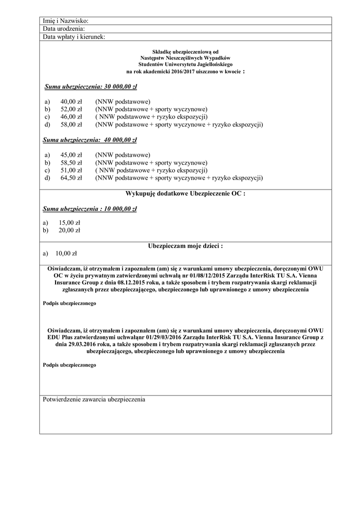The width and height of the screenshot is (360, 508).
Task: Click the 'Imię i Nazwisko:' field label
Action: point(66,21)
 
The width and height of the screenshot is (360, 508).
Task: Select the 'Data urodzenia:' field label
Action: point(64,29)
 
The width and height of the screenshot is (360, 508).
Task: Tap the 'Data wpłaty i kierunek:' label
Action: point(74,37)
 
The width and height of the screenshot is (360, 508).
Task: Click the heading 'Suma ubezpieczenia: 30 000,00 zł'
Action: point(90,87)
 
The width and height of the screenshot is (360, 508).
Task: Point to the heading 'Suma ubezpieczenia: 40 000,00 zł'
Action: point(90,140)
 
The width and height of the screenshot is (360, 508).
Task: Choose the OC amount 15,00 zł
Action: point(70,223)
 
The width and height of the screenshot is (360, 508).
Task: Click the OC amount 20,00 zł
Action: point(70,230)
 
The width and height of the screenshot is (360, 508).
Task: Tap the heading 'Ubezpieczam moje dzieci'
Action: point(185,246)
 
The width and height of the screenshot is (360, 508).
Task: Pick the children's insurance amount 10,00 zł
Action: point(66,253)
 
